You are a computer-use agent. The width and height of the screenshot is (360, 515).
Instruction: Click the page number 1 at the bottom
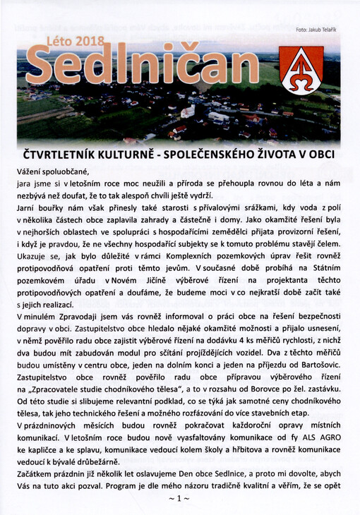[x=180, y=499]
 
